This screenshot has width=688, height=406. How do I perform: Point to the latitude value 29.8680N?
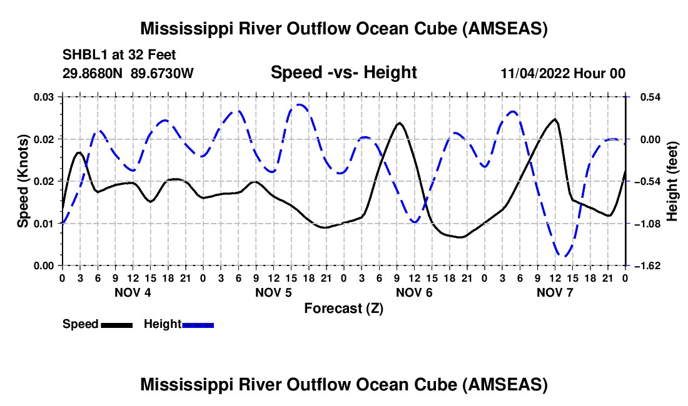(93, 73)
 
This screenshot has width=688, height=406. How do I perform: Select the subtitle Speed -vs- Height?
(343, 72)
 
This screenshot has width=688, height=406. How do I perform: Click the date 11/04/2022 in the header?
(534, 73)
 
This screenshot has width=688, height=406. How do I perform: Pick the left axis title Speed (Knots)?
(23, 181)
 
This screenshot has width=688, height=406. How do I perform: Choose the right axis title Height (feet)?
(672, 181)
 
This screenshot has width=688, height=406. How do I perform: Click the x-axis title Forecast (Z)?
(343, 308)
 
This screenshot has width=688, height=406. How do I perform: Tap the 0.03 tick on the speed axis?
(44, 97)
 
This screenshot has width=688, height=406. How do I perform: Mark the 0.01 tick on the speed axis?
(44, 223)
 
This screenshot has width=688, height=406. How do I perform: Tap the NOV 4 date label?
(132, 292)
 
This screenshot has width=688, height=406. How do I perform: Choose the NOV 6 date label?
(414, 292)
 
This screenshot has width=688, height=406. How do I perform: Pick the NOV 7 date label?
(555, 292)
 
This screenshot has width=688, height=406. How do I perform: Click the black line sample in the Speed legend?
(117, 324)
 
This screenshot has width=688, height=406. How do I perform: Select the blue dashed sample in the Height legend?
(198, 324)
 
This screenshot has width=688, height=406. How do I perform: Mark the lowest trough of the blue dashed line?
(564, 256)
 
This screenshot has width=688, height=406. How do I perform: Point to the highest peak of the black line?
(555, 119)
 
